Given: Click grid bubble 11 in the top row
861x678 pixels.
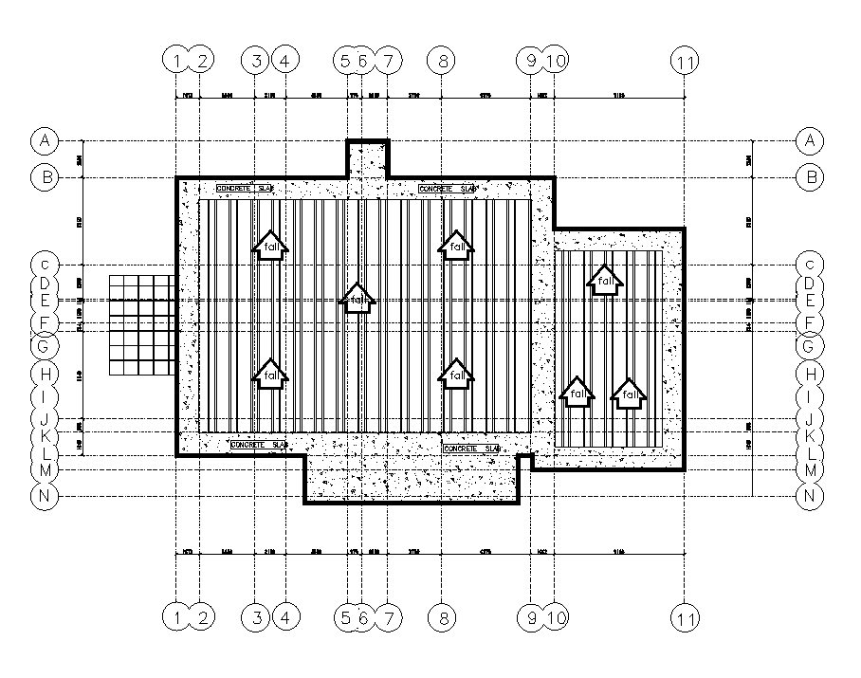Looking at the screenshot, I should tap(685, 62).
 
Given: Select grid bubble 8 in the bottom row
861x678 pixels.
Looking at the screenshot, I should tap(442, 618).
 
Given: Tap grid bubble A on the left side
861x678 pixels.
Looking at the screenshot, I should tap(45, 141).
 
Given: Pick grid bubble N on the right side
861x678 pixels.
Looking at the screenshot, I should tap(809, 496).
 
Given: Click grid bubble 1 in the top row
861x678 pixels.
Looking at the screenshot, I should tap(176, 62).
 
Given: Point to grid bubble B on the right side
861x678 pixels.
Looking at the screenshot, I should tap(809, 176).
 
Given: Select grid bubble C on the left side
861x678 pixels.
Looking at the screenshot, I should tap(45, 264).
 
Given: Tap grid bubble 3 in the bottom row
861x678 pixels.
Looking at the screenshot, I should tap(255, 618).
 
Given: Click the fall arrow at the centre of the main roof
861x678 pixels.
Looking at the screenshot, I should tap(357, 299).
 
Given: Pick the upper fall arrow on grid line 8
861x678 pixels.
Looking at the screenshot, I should tap(457, 246).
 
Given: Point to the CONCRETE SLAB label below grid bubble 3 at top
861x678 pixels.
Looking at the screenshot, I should tap(245, 189).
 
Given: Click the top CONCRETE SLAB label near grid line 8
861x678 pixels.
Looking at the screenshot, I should tap(447, 189).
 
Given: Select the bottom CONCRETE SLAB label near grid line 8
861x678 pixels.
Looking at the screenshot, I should tap(471, 448).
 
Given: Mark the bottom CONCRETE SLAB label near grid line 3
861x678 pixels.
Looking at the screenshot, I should tap(259, 444).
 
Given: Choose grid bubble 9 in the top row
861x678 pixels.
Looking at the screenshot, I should tap(531, 62).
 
